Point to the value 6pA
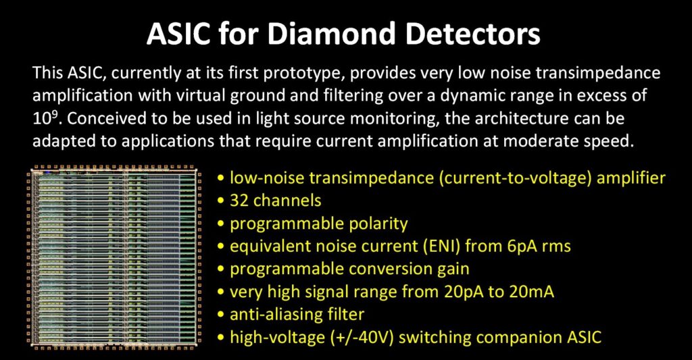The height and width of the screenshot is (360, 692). [x=526, y=246]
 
